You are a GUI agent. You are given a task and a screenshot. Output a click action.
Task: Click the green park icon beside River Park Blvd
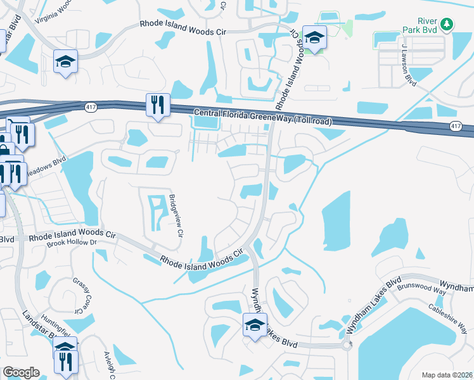pos(448,24)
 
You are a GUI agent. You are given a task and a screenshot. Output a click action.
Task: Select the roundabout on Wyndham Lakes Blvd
pos(346,345)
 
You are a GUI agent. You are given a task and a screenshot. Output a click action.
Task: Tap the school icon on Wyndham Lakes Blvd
pos(255,326)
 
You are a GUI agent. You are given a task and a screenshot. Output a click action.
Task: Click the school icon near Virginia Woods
pos(65,61)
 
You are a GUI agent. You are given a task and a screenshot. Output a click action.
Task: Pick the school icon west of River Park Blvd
pos(314,37)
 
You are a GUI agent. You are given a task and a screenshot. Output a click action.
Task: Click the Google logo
pos(21,372)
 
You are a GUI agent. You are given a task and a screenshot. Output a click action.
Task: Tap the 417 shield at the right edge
pos(456,126)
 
